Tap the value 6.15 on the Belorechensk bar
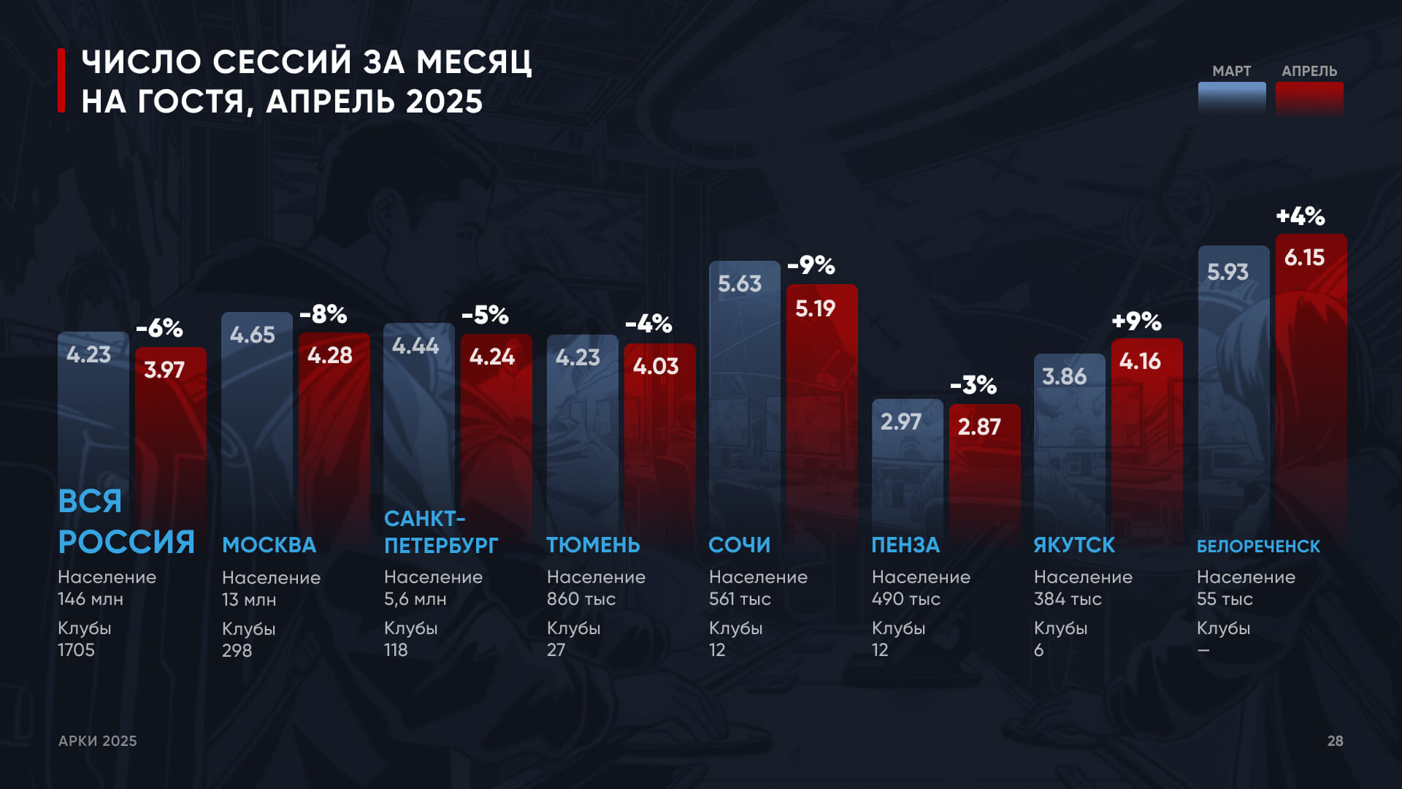(x=1304, y=258)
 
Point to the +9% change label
(x=1136, y=321)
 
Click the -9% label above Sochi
(x=811, y=265)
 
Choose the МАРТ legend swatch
(x=1232, y=98)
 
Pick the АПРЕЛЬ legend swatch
(x=1309, y=98)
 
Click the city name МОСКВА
(x=269, y=545)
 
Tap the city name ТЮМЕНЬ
(x=593, y=545)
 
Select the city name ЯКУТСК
(x=1074, y=545)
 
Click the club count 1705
(x=76, y=649)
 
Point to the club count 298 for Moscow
(x=237, y=650)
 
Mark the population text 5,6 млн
(x=415, y=599)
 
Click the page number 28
(x=1335, y=741)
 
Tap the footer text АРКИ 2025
(x=97, y=741)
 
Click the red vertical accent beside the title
(x=62, y=80)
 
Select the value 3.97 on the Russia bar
(x=164, y=370)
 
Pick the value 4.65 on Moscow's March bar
(x=253, y=335)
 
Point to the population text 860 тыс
(x=581, y=599)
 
